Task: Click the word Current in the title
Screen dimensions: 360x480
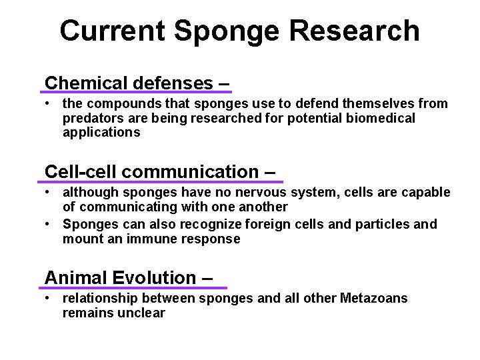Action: (x=111, y=31)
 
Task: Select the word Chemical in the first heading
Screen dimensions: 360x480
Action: (x=87, y=83)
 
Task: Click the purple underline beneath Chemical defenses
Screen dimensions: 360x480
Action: (x=137, y=92)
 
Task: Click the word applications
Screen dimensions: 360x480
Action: (x=101, y=133)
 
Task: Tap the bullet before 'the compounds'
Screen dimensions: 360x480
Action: (x=49, y=104)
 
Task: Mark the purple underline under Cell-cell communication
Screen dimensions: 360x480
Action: (x=163, y=181)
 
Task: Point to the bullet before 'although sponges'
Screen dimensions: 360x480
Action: (x=49, y=193)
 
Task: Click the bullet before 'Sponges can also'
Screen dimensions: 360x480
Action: (x=49, y=224)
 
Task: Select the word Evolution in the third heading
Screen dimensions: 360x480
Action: (x=154, y=277)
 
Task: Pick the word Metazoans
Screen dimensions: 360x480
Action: (x=374, y=299)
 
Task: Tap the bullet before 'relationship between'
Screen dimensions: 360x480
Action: (x=49, y=299)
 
